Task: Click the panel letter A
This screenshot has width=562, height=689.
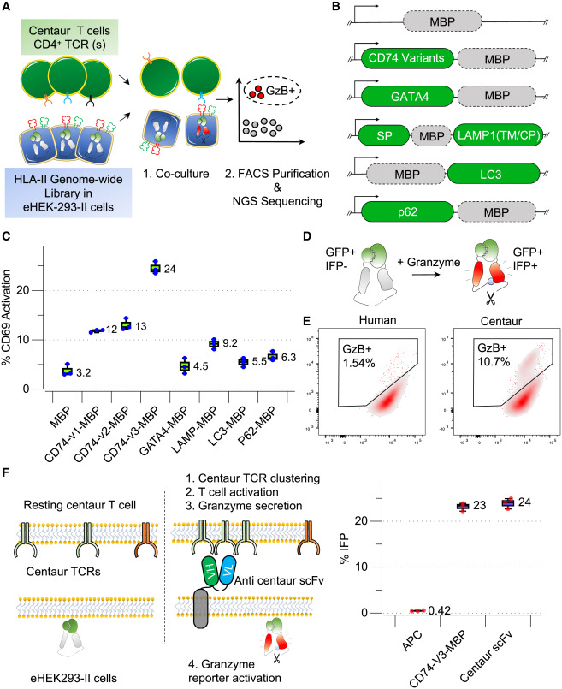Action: [9, 10]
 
